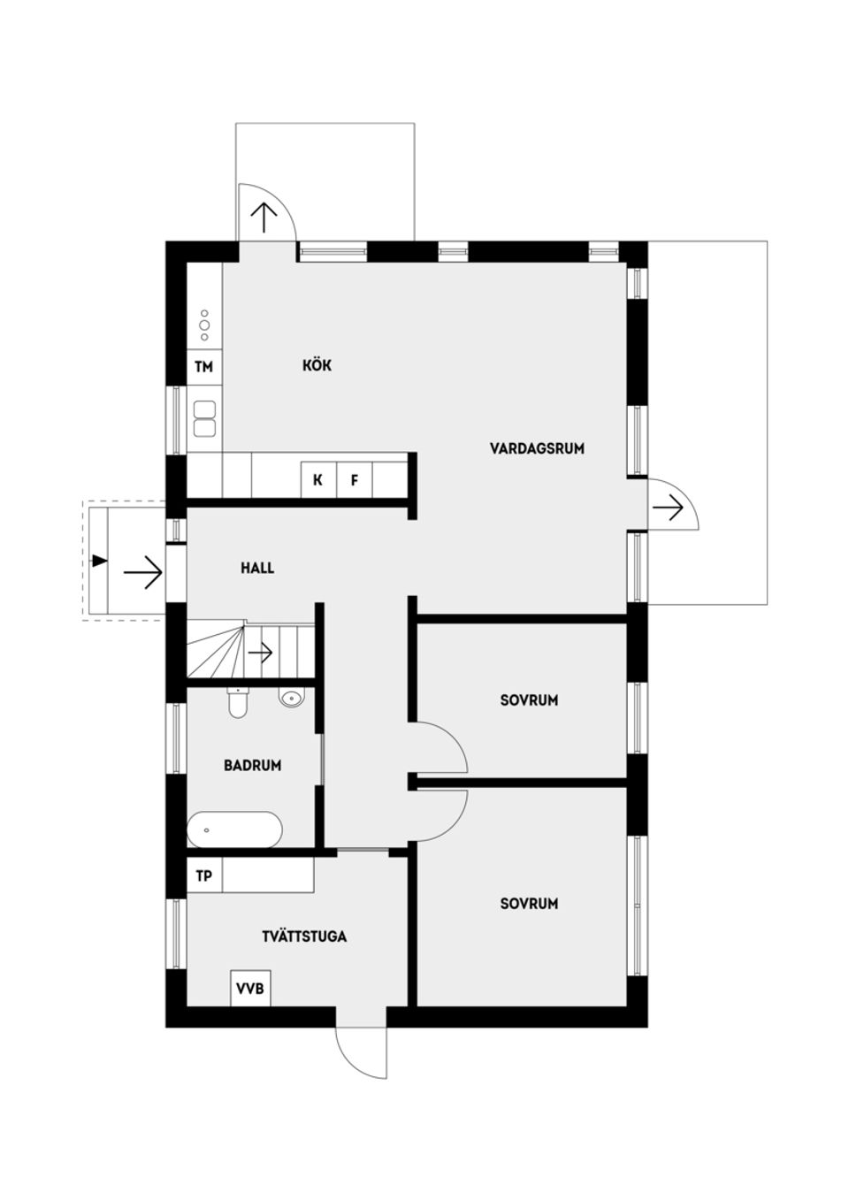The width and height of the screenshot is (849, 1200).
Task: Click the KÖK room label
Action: coord(317,365)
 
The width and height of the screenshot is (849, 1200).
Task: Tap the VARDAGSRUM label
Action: coord(537,448)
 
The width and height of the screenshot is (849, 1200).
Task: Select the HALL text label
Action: coord(257,568)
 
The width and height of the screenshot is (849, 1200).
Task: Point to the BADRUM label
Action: coord(252,765)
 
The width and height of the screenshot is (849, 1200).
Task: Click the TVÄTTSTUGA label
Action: coord(304,936)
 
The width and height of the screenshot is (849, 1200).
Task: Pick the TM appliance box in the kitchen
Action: coord(204,367)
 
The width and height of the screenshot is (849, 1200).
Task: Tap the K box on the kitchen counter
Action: coord(317,481)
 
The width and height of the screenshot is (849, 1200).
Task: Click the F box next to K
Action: coord(354,481)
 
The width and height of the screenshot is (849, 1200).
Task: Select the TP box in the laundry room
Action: coord(204,876)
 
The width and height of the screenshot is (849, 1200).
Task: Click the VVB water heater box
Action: coord(250,988)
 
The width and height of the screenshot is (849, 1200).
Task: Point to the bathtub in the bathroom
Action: coord(234,830)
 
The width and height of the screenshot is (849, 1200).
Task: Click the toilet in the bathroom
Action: coord(237,702)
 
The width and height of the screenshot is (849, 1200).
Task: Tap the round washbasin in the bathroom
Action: coord(291,699)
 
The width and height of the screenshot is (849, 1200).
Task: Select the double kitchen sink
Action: coord(204,419)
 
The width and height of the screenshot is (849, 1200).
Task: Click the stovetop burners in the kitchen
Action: coord(204,325)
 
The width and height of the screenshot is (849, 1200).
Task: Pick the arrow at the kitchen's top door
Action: coord(264,217)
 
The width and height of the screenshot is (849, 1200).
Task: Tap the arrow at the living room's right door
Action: coord(669,508)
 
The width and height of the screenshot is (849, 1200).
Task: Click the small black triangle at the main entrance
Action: coord(99,561)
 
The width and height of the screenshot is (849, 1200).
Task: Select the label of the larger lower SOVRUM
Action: coord(529,904)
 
